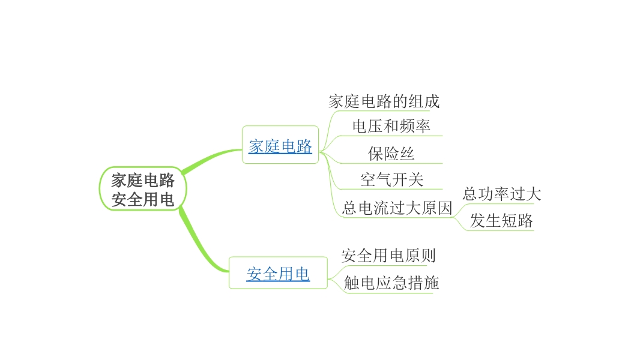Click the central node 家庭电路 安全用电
[x=143, y=189]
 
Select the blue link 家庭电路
[x=280, y=146]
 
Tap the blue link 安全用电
[x=278, y=274]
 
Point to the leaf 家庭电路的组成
[x=384, y=101]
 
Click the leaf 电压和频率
[x=391, y=127]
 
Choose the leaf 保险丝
[x=391, y=154]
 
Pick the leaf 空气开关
[x=391, y=180]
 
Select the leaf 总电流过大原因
[x=396, y=208]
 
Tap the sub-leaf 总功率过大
[x=501, y=194]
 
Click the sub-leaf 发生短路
[x=501, y=221]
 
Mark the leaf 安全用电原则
[x=388, y=256]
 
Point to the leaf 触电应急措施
[x=391, y=283]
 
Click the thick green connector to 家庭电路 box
[x=210, y=157]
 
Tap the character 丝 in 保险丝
[x=407, y=154]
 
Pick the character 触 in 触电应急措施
[x=351, y=283]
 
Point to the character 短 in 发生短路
[x=509, y=221]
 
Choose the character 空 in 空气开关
[x=368, y=180]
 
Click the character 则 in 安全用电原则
[x=427, y=256]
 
